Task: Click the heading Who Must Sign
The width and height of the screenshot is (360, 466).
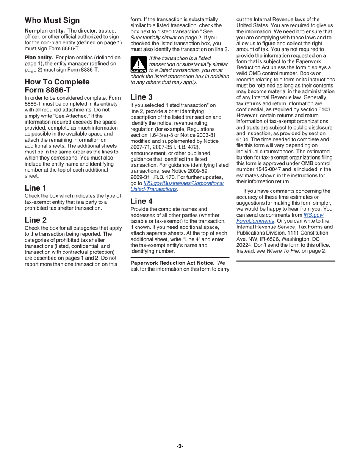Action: point(52,20)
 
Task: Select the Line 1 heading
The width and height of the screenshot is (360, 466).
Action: point(36,188)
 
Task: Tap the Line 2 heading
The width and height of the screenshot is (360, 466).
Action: point(36,220)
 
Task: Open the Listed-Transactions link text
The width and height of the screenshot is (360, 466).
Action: point(153,189)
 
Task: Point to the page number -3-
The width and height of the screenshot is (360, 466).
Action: point(180,446)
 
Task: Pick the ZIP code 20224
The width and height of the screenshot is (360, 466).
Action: point(244,245)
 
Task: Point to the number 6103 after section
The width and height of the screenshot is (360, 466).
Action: point(324,109)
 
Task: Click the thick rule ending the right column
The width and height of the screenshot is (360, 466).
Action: point(286,261)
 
